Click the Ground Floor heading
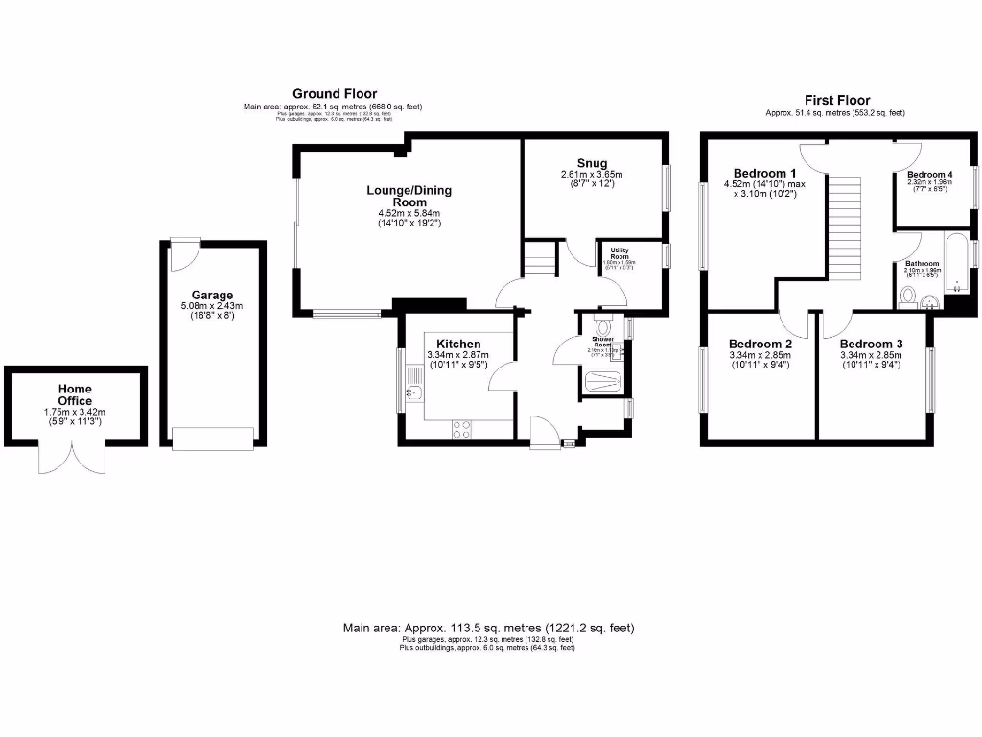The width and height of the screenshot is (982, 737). click(335, 93)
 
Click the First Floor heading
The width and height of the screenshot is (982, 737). click(837, 100)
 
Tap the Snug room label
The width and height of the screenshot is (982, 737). click(592, 162)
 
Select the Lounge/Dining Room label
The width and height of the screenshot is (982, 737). click(409, 197)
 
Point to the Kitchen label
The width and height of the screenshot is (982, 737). click(458, 344)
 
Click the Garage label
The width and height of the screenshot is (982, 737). click(212, 296)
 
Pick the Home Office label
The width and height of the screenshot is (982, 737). click(75, 394)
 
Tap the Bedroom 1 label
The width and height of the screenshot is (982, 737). click(758, 173)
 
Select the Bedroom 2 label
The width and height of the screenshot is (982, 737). click(760, 344)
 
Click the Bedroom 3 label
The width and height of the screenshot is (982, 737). click(871, 344)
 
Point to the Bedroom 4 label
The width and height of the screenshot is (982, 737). click(929, 174)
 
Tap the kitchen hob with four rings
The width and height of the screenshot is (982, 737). click(460, 429)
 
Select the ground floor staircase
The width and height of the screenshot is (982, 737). click(539, 259)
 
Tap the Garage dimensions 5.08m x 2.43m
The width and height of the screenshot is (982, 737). click(212, 307)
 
